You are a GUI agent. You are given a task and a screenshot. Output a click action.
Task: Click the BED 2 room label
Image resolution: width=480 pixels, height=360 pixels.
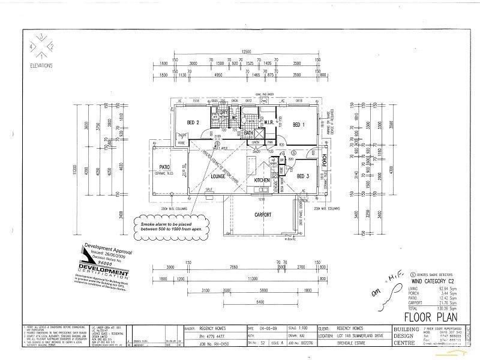[x=193, y=122]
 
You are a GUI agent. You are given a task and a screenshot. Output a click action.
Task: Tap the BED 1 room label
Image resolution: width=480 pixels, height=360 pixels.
[x=298, y=124]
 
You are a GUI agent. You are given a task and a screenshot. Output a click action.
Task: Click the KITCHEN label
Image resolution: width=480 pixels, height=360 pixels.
[x=262, y=180]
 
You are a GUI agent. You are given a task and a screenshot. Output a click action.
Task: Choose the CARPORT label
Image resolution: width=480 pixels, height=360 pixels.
[x=262, y=215]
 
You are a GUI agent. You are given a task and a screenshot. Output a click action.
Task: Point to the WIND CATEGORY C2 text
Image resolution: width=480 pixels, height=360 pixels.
[x=419, y=280]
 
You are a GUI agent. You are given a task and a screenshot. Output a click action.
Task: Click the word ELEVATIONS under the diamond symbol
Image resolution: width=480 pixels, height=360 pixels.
[x=40, y=65]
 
